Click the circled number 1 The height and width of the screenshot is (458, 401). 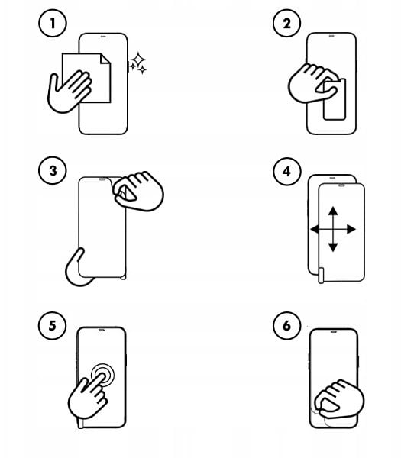point(53,24)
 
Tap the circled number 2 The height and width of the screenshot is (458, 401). point(286,24)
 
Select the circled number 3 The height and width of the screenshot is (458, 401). point(53,170)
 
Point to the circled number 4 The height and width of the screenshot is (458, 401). point(286,172)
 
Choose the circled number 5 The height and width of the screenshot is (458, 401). point(53,325)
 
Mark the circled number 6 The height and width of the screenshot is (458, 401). point(286,325)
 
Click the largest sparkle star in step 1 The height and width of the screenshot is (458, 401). point(138,60)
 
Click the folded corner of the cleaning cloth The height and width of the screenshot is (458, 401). point(105,59)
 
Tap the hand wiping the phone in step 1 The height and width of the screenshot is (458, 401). point(70,91)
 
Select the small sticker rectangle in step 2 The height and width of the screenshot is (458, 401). point(335,99)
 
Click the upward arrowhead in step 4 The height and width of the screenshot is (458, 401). point(333,211)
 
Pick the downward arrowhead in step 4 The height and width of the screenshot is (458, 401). point(333,247)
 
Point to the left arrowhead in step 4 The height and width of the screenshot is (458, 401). point(315,229)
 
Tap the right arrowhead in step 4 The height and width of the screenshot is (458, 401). point(351,229)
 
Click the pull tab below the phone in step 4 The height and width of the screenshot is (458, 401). point(321,276)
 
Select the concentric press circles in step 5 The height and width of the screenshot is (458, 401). point(102,375)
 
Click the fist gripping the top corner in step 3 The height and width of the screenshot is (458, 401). point(138,191)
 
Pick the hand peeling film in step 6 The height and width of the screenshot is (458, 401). point(339,398)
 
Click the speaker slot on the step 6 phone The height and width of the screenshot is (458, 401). point(334,331)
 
